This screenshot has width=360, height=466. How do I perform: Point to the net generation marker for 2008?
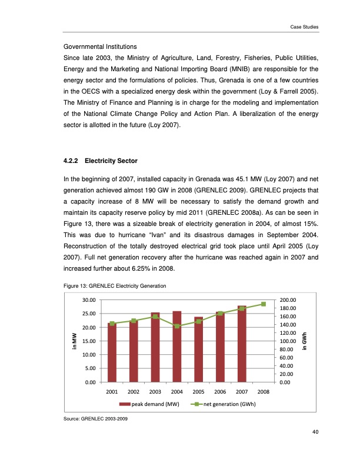[264, 304]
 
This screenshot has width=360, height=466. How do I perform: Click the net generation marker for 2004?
[176, 326]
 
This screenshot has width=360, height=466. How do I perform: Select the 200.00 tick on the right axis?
[290, 300]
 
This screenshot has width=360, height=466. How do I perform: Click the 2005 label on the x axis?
[198, 391]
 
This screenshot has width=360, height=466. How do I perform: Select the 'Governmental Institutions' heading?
[99, 46]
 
